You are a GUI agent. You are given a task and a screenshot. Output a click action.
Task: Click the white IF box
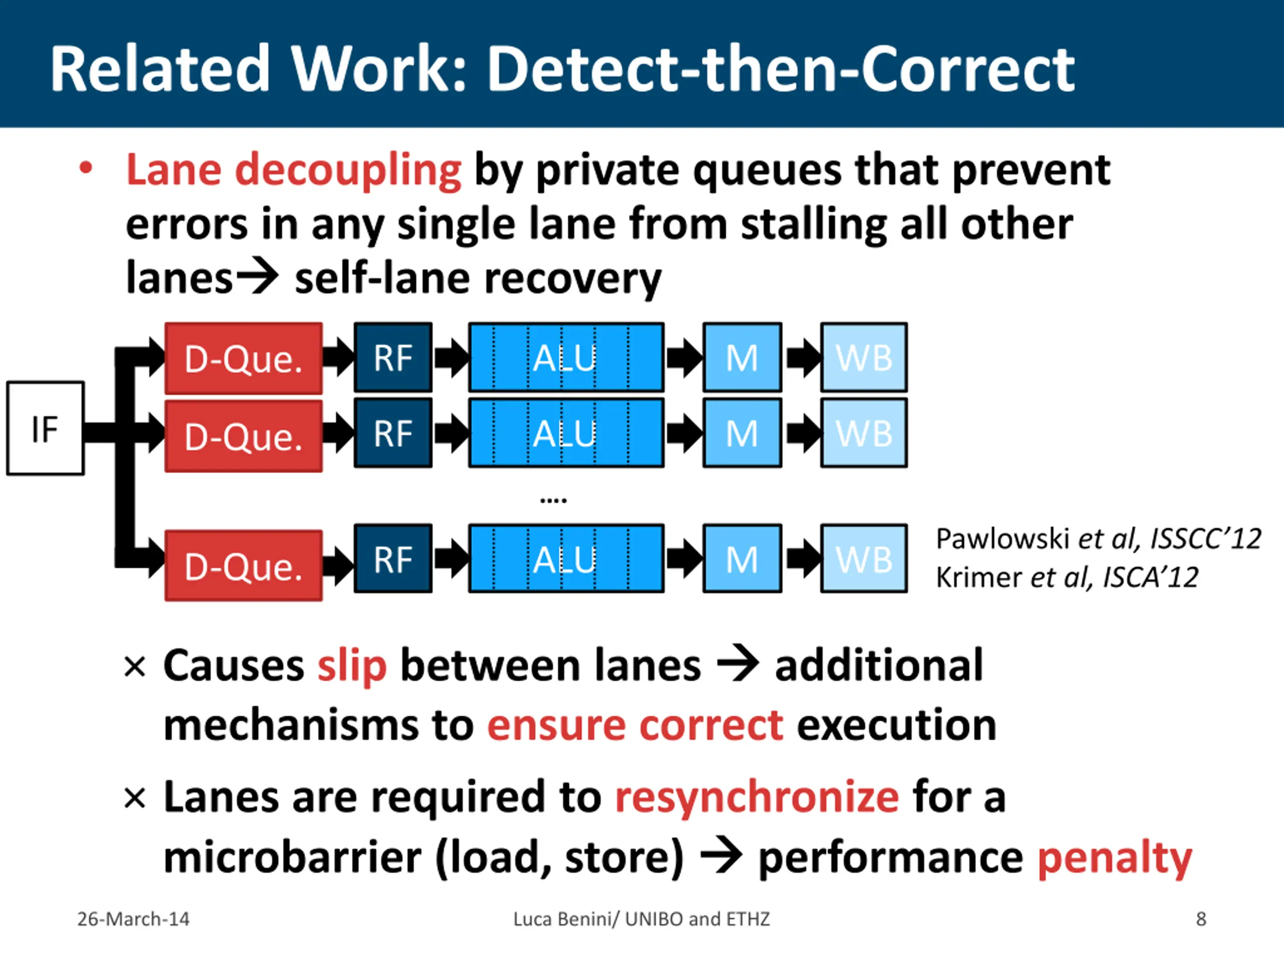click(x=45, y=428)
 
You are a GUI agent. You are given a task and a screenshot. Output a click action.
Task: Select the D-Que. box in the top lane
click(x=243, y=359)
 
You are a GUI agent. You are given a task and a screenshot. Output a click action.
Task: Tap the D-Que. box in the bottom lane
click(x=243, y=565)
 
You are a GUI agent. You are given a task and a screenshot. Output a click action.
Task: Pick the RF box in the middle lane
click(x=393, y=433)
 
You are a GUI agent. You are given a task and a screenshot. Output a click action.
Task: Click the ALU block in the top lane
click(x=566, y=358)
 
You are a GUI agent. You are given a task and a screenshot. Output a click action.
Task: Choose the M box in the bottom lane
click(x=742, y=558)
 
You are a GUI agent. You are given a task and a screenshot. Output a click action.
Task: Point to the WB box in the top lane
click(x=864, y=358)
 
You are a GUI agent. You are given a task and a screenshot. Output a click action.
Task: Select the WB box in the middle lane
click(x=864, y=433)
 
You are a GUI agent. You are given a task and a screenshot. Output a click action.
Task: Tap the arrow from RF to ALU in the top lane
click(x=451, y=358)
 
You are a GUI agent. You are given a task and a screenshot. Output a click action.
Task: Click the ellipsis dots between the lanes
click(x=553, y=499)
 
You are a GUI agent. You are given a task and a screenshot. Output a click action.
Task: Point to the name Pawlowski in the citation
click(x=1003, y=539)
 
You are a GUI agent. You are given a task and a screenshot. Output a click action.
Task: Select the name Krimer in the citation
click(x=979, y=577)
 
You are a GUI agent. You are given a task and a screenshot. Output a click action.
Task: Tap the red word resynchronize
click(x=757, y=796)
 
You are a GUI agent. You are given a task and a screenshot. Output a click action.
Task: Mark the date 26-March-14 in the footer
click(x=133, y=919)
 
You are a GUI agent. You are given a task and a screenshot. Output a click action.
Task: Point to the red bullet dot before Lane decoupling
click(x=86, y=169)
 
